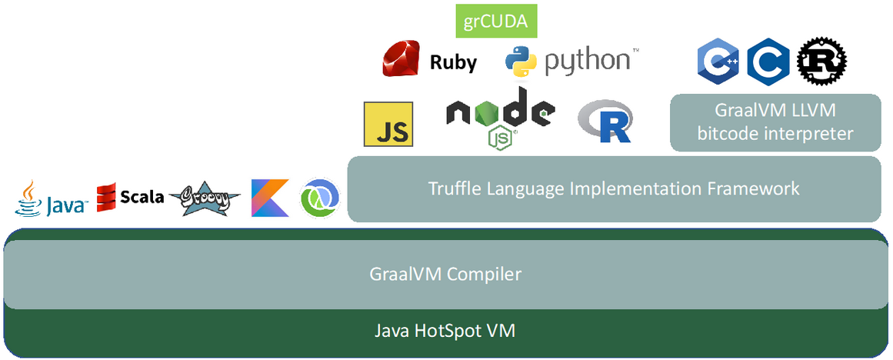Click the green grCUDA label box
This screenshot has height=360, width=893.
[x=496, y=21]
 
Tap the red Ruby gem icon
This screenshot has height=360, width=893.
[x=405, y=60]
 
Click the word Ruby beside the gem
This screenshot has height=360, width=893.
[x=453, y=62]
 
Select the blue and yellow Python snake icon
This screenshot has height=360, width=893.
[x=521, y=62]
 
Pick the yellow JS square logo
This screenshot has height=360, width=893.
[x=388, y=124]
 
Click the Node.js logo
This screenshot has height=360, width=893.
[x=500, y=115]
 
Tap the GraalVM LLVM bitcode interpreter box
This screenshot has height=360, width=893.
[x=775, y=122]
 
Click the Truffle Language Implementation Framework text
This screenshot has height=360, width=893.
[x=613, y=188]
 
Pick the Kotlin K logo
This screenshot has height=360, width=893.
[x=270, y=198]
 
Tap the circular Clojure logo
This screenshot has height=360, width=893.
[x=318, y=198]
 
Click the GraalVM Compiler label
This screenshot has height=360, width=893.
[x=445, y=274]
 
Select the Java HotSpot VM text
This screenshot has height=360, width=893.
[x=445, y=332]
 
